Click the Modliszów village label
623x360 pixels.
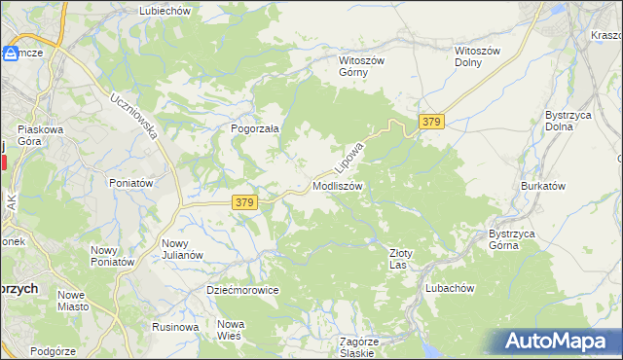(x=338, y=185)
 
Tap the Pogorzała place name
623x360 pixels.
(x=255, y=127)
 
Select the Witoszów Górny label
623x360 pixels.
(x=362, y=66)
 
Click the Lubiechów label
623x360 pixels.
(x=165, y=10)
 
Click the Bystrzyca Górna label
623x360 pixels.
(x=516, y=239)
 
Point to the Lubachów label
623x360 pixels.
(x=449, y=288)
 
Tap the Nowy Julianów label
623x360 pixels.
(x=182, y=249)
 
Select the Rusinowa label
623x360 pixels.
(x=175, y=327)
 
